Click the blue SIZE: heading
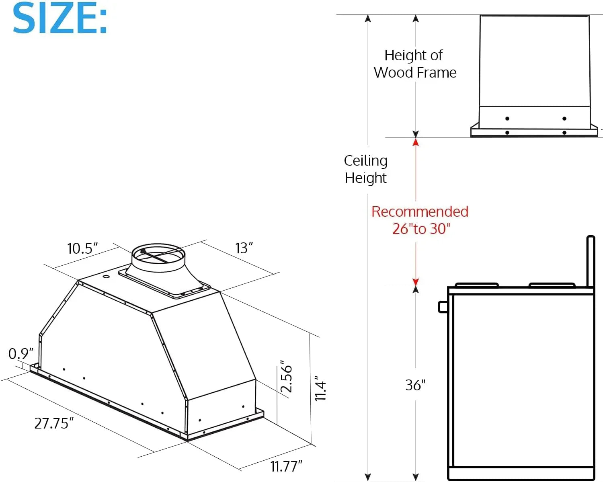(60, 18)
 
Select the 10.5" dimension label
(82, 248)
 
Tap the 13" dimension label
(244, 248)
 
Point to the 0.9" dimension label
(21, 354)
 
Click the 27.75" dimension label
(54, 423)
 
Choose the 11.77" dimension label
(286, 466)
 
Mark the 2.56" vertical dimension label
(286, 377)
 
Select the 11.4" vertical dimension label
(320, 389)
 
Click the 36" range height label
(415, 385)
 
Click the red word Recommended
(420, 211)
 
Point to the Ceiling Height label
(365, 169)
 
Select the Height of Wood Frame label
(414, 64)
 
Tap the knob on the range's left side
(442, 307)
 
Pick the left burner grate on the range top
(476, 285)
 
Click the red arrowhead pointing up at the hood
(416, 142)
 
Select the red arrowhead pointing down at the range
(416, 282)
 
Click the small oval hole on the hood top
(106, 276)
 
